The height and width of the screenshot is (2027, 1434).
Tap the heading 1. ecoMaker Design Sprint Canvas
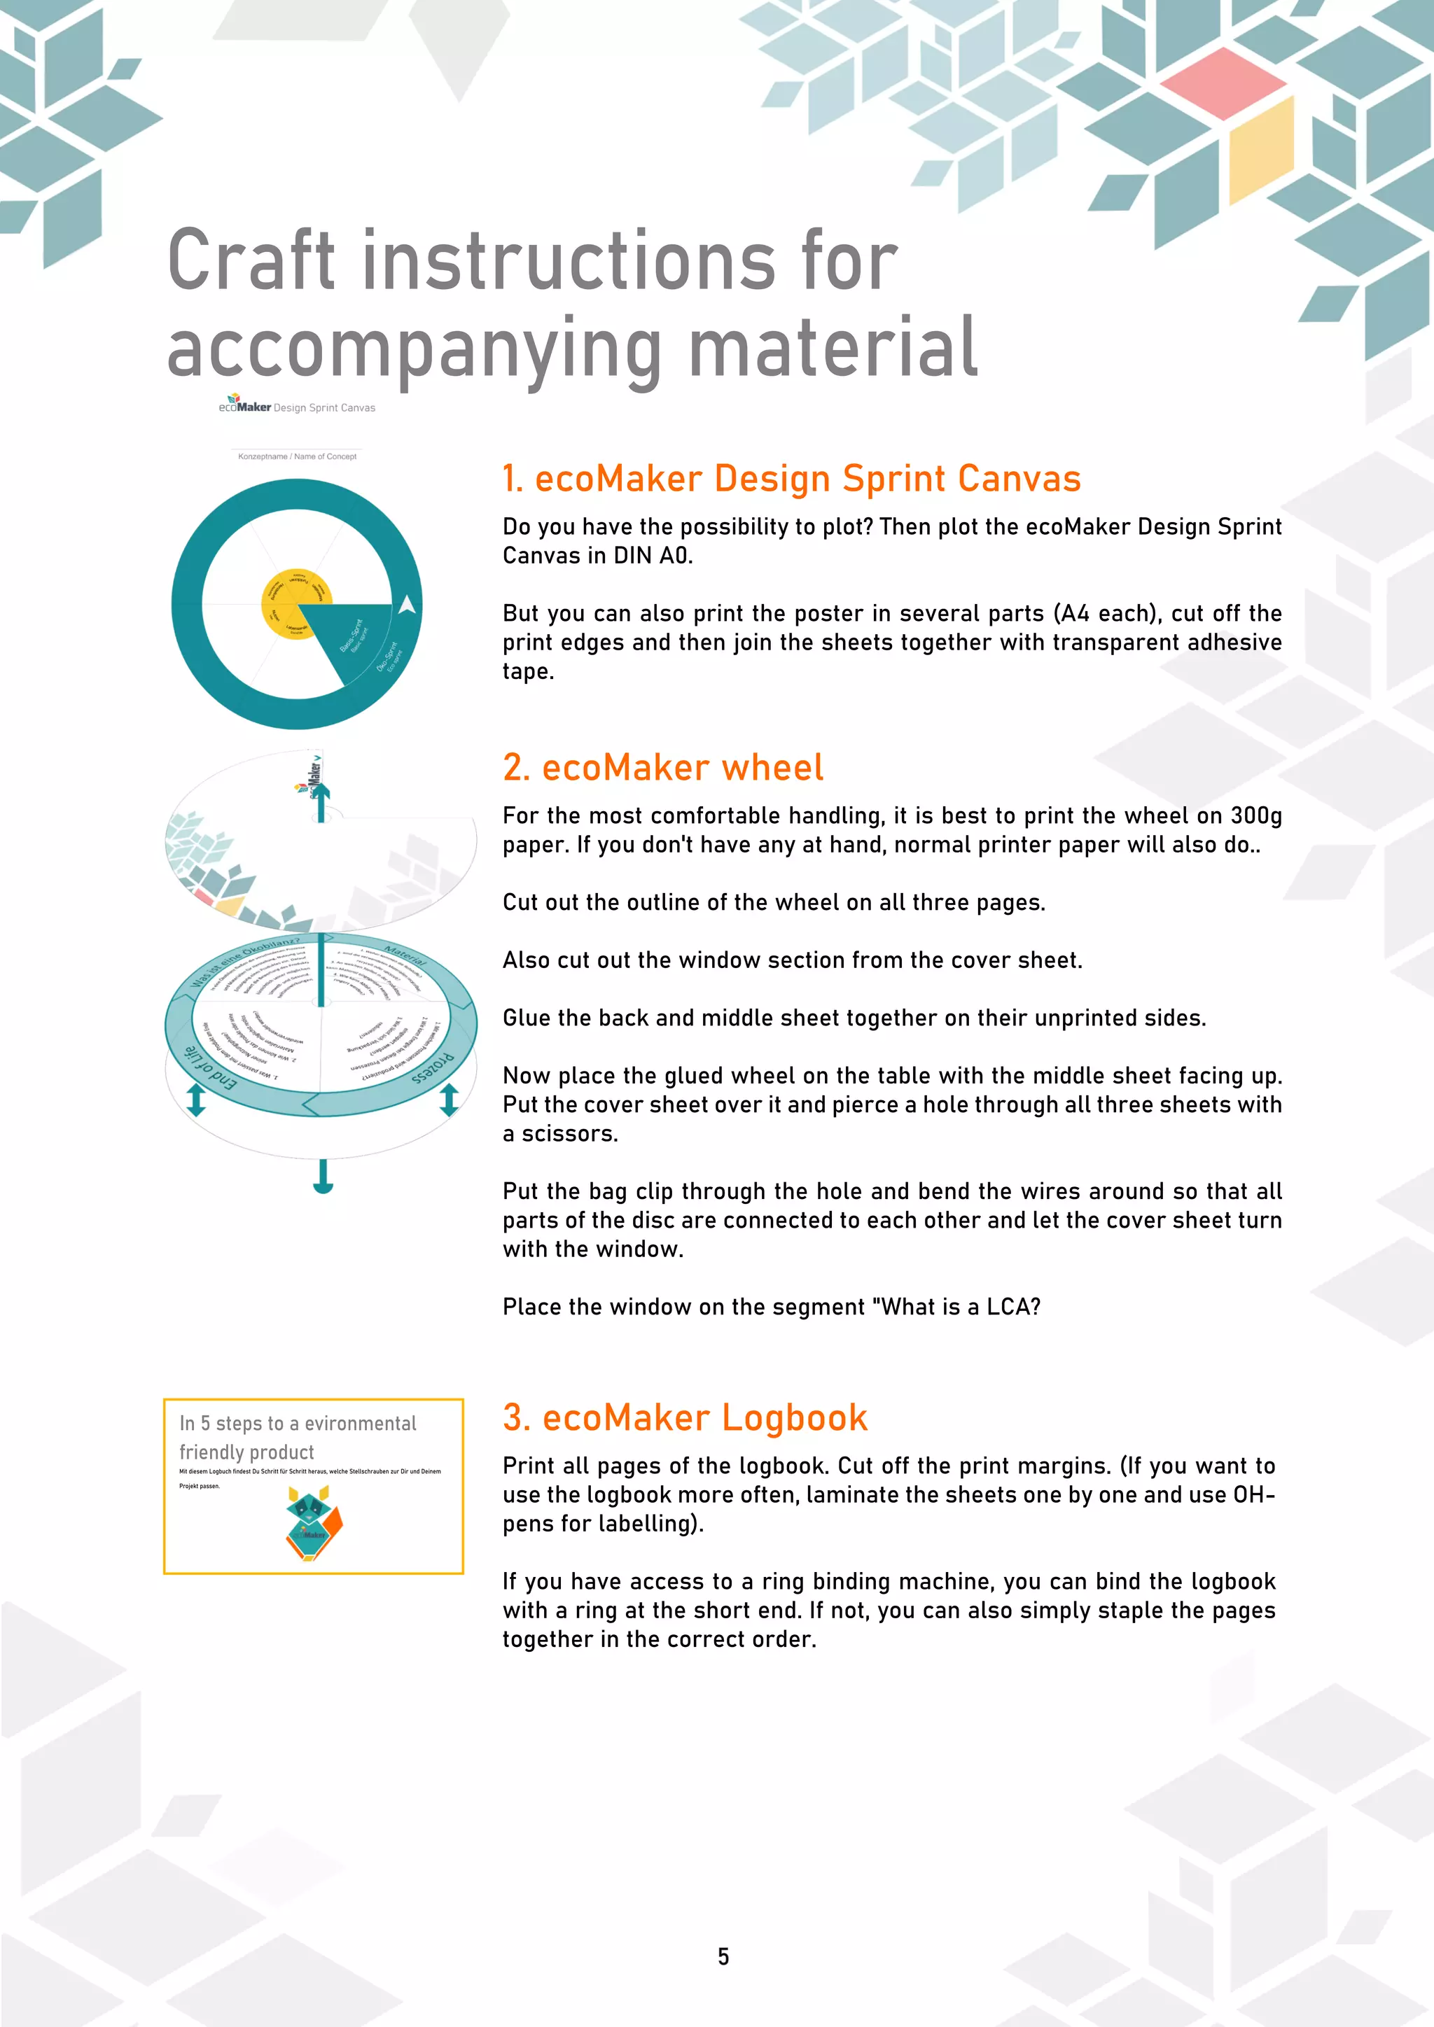pos(791,479)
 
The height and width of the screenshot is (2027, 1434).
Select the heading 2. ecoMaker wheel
pos(662,767)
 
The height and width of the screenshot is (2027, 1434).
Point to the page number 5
pos(723,1956)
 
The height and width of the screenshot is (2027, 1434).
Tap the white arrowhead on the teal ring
pos(407,605)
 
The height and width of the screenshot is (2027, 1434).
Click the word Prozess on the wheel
pos(433,1067)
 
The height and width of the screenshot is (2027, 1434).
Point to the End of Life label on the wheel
pos(209,1069)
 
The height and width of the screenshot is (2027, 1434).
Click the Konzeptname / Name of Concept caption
pos(297,456)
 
